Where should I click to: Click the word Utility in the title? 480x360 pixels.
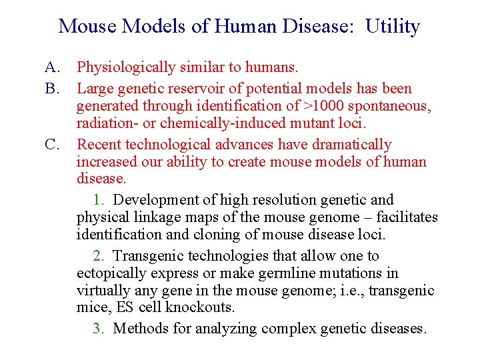coord(393,27)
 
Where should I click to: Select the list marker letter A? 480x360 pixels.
coord(53,67)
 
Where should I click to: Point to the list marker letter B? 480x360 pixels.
coord(53,89)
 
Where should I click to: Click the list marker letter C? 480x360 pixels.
coord(53,145)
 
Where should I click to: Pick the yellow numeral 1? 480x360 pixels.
coord(97,200)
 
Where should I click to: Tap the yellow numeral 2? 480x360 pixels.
coord(97,256)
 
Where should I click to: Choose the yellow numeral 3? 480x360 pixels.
coord(97,329)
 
